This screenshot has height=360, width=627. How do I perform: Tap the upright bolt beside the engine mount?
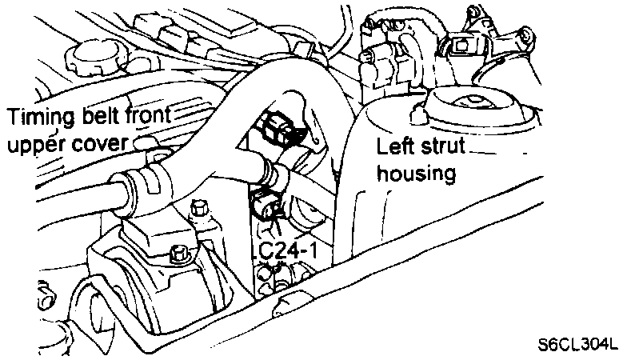pos(198,214)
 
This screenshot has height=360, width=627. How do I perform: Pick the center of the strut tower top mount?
pos(476,103)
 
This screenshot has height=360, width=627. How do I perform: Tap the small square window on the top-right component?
pos(461,46)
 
